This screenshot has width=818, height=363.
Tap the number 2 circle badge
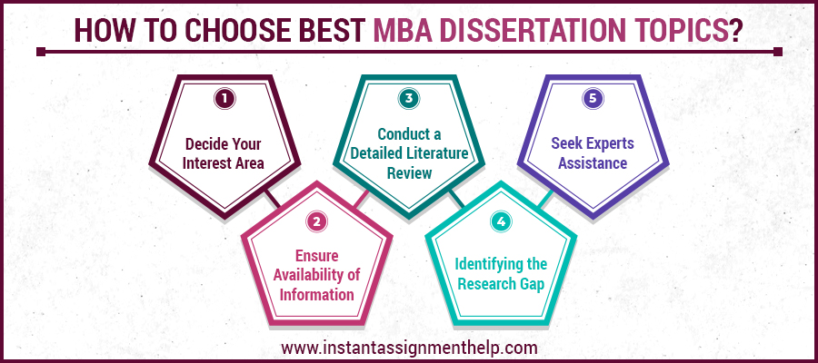[316, 220]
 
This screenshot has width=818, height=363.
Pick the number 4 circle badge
[501, 220]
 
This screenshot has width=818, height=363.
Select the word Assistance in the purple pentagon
[593, 163]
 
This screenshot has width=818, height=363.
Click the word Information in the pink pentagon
[316, 295]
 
